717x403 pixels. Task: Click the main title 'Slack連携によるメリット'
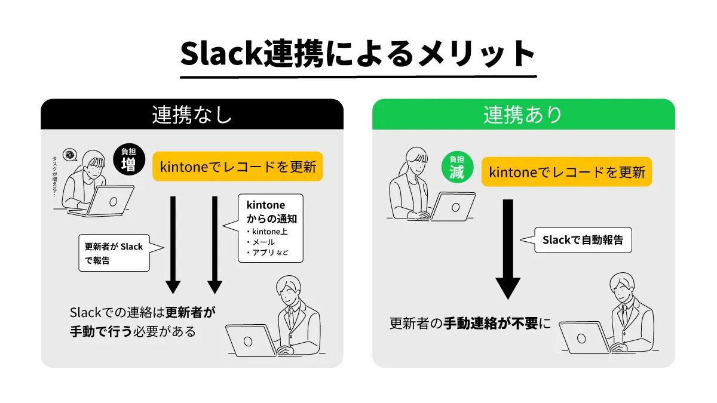(x=358, y=55)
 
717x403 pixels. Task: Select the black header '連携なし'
(x=192, y=114)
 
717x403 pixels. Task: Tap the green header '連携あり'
(x=523, y=114)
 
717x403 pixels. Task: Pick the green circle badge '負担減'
(x=457, y=167)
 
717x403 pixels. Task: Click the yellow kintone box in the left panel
(x=237, y=167)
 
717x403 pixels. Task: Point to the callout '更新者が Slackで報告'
(x=114, y=253)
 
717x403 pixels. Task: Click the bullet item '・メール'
(x=261, y=242)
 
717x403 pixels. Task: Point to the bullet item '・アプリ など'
(x=267, y=253)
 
